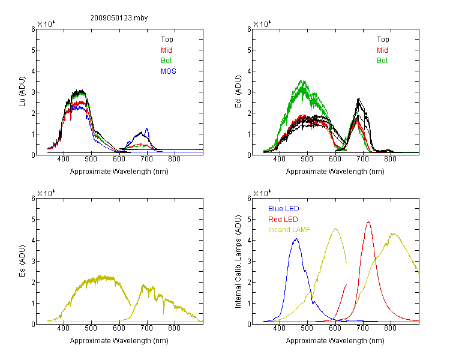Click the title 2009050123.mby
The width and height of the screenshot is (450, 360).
(119, 18)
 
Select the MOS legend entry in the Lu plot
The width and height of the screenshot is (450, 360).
(169, 71)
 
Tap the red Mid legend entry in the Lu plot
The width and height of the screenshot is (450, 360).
(166, 50)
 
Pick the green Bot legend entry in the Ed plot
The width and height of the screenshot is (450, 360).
(382, 61)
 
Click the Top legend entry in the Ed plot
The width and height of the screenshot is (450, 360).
(383, 40)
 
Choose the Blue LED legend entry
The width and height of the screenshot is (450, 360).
(284, 209)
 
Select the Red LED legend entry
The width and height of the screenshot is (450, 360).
(283, 220)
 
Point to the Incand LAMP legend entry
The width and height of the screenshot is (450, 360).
(289, 230)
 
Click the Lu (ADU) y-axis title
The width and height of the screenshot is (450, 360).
(22, 92)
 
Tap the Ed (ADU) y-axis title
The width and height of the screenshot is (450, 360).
(238, 92)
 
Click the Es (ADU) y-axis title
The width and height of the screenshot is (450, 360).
(22, 261)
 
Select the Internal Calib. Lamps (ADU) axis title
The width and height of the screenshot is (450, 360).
(238, 262)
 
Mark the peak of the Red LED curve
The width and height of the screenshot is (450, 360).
(368, 222)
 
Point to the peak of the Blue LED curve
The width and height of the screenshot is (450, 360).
(296, 239)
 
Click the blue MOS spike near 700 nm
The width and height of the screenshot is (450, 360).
(147, 129)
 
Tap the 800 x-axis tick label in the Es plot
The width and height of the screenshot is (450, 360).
(174, 328)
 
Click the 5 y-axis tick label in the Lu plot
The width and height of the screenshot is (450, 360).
(33, 50)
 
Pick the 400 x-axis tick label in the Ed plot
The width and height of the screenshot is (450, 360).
(279, 159)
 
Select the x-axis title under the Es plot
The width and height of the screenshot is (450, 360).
(119, 341)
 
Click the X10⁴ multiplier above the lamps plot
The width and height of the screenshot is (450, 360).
(262, 193)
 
